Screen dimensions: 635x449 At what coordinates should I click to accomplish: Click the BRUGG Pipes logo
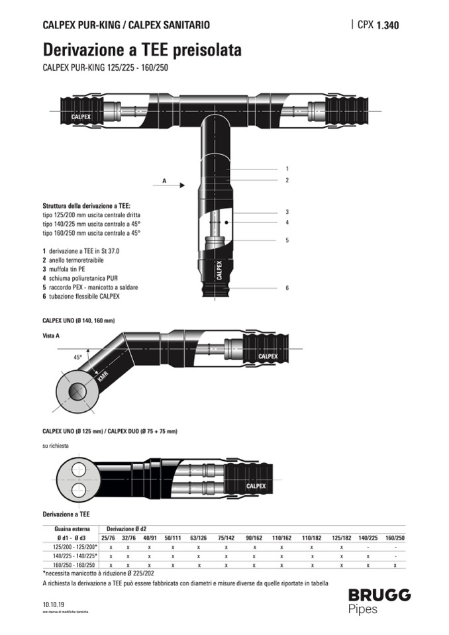[379, 601]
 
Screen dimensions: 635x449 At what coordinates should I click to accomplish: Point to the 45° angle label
[77, 357]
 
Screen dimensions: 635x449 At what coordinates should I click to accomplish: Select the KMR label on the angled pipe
[103, 378]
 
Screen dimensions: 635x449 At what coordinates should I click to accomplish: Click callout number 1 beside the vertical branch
[287, 169]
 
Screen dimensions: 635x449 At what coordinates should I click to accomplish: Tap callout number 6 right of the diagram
[287, 288]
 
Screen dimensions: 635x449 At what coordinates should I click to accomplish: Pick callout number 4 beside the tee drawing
[287, 222]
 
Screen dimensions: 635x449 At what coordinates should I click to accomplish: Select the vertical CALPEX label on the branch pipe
[218, 270]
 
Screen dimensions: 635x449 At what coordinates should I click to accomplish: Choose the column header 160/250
[395, 538]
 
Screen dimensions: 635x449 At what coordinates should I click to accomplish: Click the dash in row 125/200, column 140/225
[368, 547]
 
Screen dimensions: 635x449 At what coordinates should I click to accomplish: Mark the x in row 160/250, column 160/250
[395, 565]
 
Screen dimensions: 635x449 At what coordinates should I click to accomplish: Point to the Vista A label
[51, 336]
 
